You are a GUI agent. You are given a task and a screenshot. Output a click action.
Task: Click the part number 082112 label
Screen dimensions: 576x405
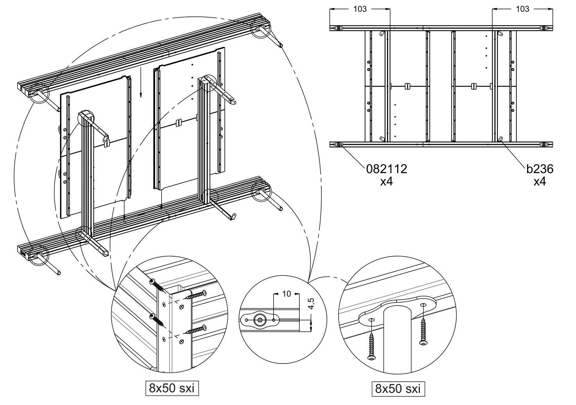tap(387, 169)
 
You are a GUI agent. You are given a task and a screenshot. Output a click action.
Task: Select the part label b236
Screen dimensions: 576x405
tap(540, 169)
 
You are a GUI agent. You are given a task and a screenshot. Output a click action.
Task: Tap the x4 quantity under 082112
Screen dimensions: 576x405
tap(387, 182)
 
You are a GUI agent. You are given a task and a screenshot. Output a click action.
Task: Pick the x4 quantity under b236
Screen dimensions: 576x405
tap(540, 182)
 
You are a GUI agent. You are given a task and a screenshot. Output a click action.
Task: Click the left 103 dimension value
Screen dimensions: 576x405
tap(360, 9)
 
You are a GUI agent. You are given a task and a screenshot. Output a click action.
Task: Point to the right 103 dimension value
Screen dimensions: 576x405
tap(522, 9)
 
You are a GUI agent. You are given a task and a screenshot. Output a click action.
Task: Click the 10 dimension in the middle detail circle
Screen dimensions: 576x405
tap(286, 294)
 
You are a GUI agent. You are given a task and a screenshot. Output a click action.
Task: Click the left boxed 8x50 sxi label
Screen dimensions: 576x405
tap(172, 388)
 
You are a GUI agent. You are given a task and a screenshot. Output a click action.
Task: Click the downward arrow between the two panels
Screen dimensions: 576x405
tap(140, 82)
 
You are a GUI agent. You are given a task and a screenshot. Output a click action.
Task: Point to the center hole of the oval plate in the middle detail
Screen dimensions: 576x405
tap(259, 320)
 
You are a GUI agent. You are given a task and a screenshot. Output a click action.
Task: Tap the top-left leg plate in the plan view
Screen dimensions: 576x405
tap(338, 28)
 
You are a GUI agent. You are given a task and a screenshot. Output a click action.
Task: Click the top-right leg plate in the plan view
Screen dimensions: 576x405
tap(544, 28)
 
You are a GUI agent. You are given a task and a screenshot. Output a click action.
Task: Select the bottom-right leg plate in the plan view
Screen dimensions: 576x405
tap(544, 145)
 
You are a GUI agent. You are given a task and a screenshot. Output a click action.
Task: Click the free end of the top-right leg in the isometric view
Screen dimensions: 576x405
tap(281, 45)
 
